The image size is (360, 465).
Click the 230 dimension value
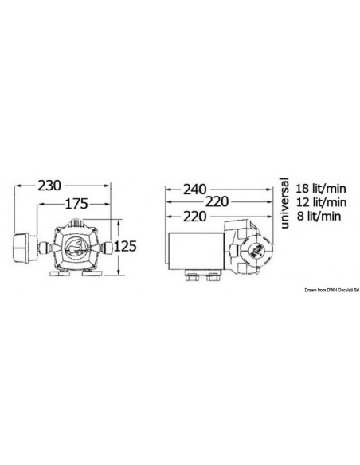point(49,186)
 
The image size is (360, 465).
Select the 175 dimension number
point(76,204)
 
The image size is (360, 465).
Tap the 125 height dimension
point(125,246)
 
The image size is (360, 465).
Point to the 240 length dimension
point(194,190)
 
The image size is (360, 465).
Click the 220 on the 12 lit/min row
point(217,202)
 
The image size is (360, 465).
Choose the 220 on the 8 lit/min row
point(194,217)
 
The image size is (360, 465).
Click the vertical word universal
point(284,203)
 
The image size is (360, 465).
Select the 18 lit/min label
point(321,189)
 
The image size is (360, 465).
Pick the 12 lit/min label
point(321,202)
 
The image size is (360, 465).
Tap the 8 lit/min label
point(319,217)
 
